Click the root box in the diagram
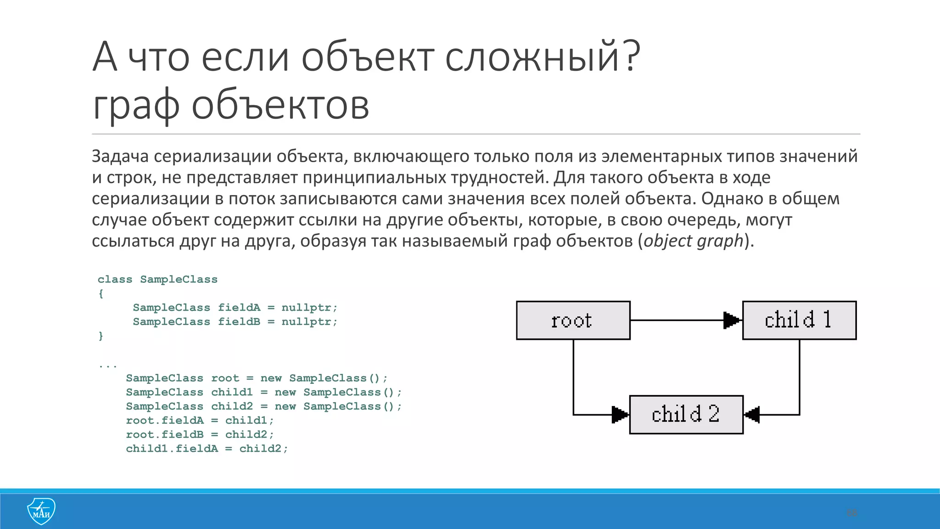(x=573, y=321)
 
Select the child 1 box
(x=799, y=321)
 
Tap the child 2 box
(x=686, y=415)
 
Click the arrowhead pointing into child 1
(x=732, y=321)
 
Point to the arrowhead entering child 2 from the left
(x=620, y=415)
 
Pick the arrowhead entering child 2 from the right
(x=752, y=415)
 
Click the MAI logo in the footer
(x=41, y=511)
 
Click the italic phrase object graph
(x=693, y=241)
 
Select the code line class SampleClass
(x=157, y=280)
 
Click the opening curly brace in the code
(x=101, y=294)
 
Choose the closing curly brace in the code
(x=101, y=336)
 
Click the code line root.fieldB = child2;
(x=200, y=434)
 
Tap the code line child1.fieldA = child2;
(x=207, y=449)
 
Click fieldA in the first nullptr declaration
(x=239, y=308)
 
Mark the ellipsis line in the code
(x=108, y=366)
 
